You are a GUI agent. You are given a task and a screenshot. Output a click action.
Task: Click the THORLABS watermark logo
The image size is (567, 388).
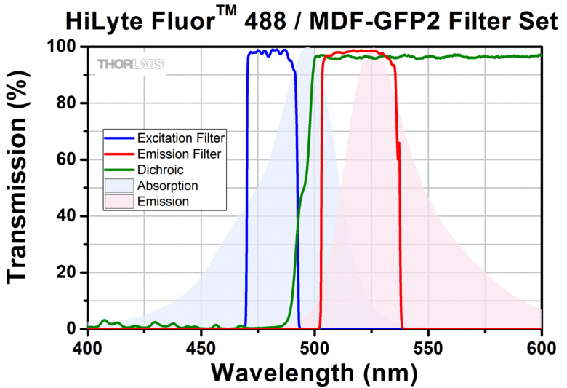point(131,64)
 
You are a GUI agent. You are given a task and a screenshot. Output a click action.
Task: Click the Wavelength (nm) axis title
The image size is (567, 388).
point(314,372)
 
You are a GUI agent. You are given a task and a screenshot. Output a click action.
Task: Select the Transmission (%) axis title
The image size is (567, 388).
point(20,187)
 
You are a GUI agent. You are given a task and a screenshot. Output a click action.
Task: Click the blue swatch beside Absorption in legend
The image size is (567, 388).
point(121,186)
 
